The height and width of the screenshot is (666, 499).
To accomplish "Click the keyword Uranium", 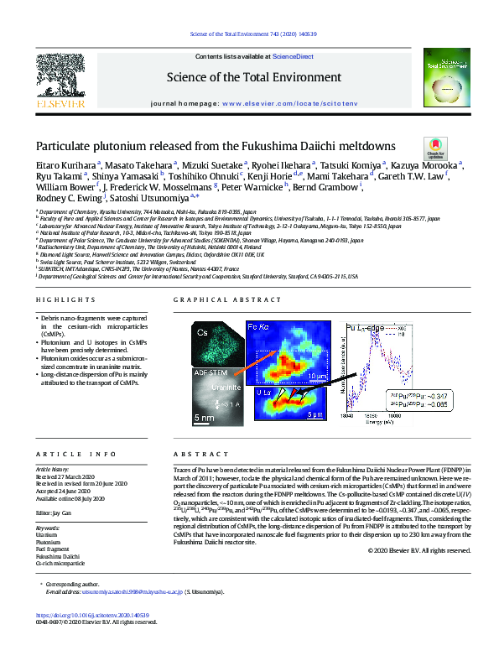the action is (x=47, y=510).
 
